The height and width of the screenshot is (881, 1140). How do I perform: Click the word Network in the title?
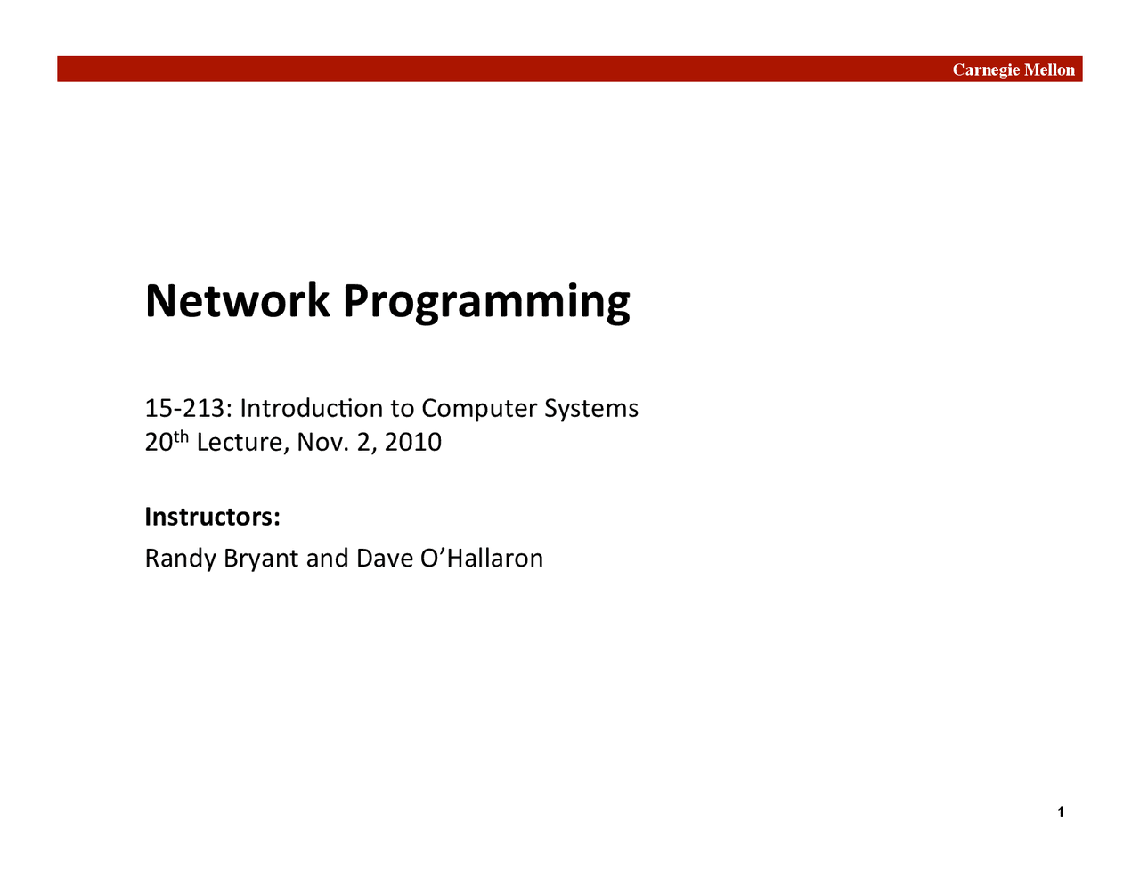(x=237, y=301)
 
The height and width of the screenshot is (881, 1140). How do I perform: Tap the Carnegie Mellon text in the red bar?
(x=1014, y=69)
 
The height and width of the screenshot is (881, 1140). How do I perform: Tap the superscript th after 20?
(x=182, y=436)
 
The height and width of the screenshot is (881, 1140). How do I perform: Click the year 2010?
(x=413, y=442)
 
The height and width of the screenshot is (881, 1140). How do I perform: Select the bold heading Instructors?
(x=213, y=517)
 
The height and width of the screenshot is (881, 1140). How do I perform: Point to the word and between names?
(x=327, y=559)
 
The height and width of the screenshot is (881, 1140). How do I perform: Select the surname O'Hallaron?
(x=481, y=559)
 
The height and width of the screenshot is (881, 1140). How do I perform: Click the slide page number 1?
(x=1060, y=812)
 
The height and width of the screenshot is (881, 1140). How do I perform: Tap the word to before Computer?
(x=402, y=408)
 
